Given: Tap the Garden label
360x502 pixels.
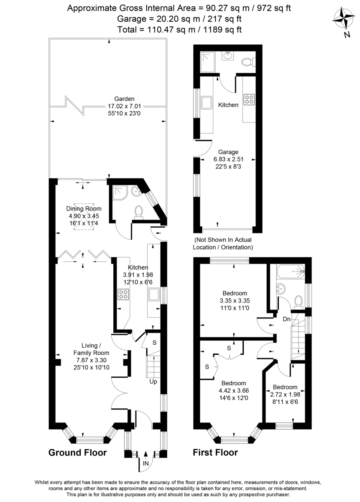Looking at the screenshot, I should click(109, 99).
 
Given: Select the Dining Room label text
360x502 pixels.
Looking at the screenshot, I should click(84, 209).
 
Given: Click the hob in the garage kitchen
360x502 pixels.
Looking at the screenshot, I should click(249, 100).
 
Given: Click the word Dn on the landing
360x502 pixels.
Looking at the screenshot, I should click(286, 319).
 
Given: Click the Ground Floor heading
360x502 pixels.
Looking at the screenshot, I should click(78, 453).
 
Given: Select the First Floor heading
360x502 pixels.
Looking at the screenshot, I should click(215, 453).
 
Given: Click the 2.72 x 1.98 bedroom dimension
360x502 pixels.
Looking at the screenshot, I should click(285, 394).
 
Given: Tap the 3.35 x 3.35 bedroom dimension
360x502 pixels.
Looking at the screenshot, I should click(233, 300).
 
